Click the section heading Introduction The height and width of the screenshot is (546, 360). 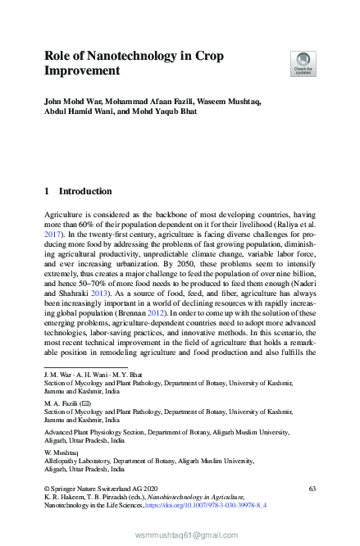(85, 191)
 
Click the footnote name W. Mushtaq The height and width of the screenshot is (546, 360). (62, 452)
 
